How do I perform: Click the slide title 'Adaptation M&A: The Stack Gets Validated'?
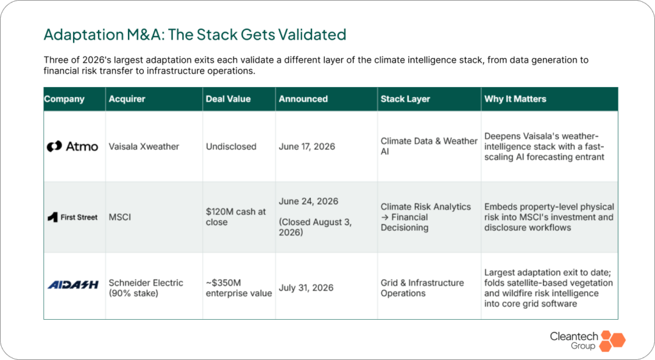pyautogui.click(x=194, y=35)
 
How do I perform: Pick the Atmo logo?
pyautogui.click(x=72, y=146)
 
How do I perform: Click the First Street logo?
pyautogui.click(x=72, y=217)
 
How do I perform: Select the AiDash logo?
pyautogui.click(x=73, y=285)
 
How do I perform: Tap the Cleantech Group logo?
pyautogui.click(x=588, y=341)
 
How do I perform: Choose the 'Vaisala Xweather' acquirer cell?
pyautogui.click(x=144, y=146)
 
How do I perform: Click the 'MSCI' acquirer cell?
pyautogui.click(x=120, y=217)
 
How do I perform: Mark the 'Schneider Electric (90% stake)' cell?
pyautogui.click(x=146, y=288)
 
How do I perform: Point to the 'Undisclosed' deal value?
pyautogui.click(x=231, y=146)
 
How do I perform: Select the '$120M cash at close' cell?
pyautogui.click(x=235, y=217)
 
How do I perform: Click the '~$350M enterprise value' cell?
pyautogui.click(x=239, y=288)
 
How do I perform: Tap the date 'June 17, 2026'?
pyautogui.click(x=306, y=146)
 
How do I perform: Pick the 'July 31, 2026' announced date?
pyautogui.click(x=306, y=288)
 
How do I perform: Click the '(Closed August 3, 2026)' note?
pyautogui.click(x=315, y=227)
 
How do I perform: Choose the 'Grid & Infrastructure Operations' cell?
pyautogui.click(x=422, y=288)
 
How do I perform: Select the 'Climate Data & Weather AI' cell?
pyautogui.click(x=429, y=146)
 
